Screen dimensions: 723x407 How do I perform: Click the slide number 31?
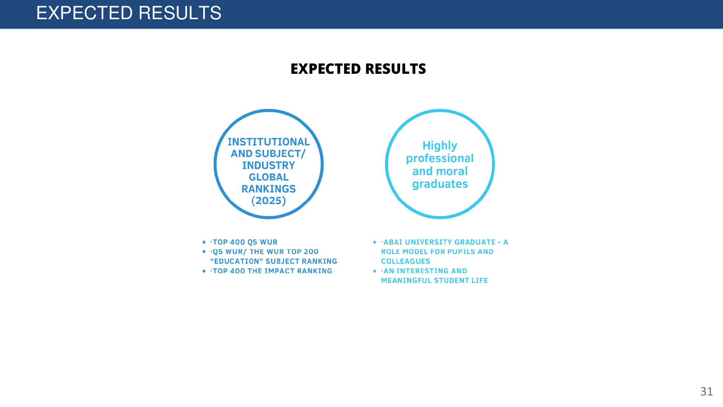pyautogui.click(x=706, y=391)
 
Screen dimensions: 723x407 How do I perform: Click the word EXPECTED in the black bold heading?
pyautogui.click(x=326, y=69)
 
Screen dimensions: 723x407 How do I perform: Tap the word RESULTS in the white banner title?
pyautogui.click(x=180, y=13)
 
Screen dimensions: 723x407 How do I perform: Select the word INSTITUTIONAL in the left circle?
pyautogui.click(x=269, y=142)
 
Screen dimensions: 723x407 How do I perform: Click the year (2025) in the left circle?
pyautogui.click(x=269, y=200)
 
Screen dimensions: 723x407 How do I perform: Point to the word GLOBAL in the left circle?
pyautogui.click(x=269, y=177)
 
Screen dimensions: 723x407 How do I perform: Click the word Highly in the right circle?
pyautogui.click(x=440, y=146)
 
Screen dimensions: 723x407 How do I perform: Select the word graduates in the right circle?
pyautogui.click(x=440, y=184)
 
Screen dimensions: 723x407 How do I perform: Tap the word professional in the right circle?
pyautogui.click(x=440, y=158)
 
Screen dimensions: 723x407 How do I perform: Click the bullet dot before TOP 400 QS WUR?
pyautogui.click(x=204, y=242)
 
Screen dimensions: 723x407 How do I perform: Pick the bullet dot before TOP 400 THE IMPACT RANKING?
pyautogui.click(x=204, y=271)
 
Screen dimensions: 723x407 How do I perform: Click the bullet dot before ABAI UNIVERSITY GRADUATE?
pyautogui.click(x=375, y=242)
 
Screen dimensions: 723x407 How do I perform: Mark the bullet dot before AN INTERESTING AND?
pyautogui.click(x=375, y=271)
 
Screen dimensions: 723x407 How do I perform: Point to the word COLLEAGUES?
pyautogui.click(x=406, y=261)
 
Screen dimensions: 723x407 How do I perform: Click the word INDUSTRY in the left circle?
pyautogui.click(x=269, y=165)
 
